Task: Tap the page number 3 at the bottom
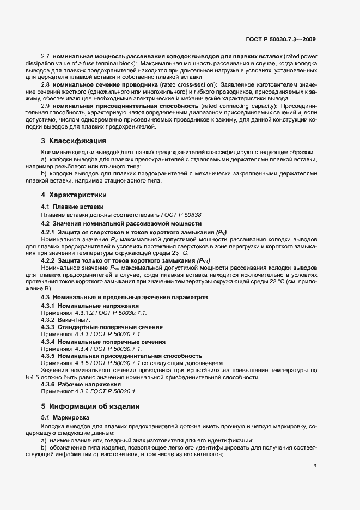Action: pos(315,466)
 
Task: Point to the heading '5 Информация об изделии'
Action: pos(90,406)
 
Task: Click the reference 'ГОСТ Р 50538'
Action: pos(182,215)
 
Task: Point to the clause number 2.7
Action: pos(46,56)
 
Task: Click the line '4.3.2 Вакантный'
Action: pos(62,320)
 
